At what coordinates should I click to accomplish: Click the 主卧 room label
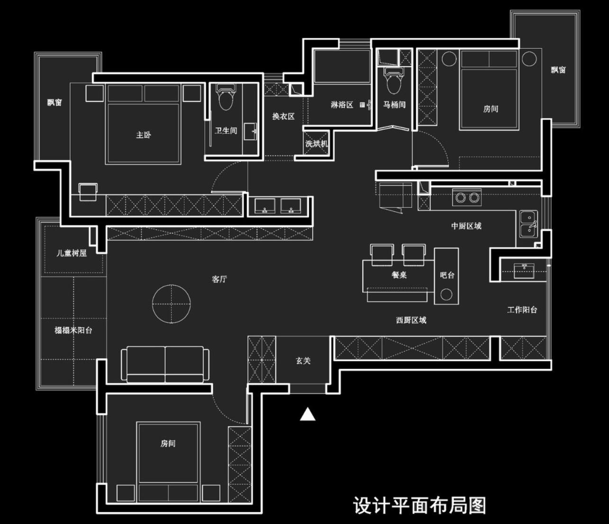point(144,135)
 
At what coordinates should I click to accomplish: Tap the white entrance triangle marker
point(308,415)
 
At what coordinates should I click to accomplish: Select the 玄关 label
point(303,361)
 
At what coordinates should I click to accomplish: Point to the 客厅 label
point(219,279)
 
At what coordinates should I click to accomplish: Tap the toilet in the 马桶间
point(394,81)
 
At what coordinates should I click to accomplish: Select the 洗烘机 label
point(316,144)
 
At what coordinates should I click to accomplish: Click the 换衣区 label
point(283,117)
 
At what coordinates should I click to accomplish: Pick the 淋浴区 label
point(342,105)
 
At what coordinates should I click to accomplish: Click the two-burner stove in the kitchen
point(467,197)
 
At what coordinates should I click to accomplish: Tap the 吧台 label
point(447,275)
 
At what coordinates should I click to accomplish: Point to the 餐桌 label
point(399,275)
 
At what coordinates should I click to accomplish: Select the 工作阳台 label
point(522,310)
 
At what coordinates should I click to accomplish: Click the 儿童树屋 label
point(72,253)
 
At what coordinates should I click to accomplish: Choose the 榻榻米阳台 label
point(73,330)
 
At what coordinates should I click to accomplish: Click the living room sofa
point(165,364)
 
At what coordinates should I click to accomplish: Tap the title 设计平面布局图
point(419,506)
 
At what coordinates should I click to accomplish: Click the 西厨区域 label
point(411,320)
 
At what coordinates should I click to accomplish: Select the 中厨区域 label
point(466,226)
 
